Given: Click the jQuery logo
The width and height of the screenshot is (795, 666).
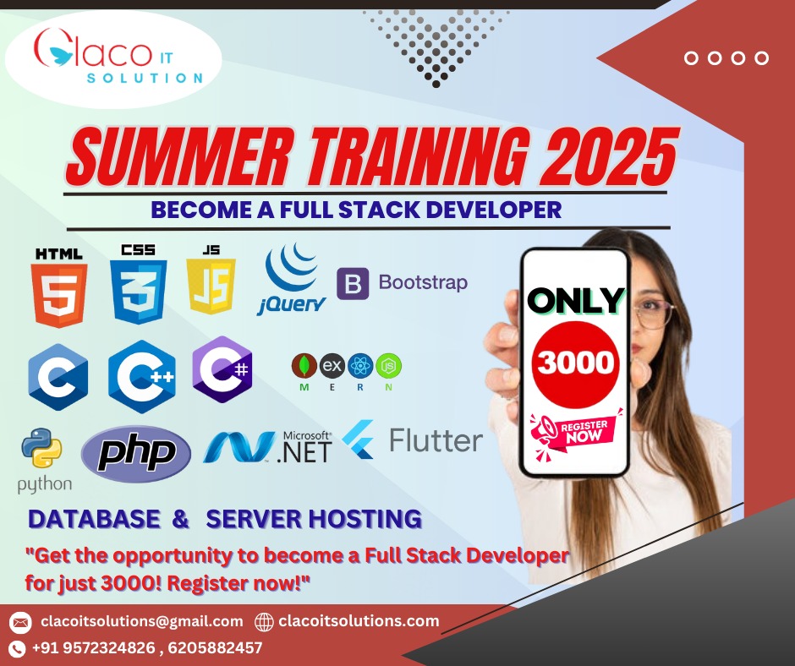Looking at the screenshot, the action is pyautogui.click(x=293, y=280).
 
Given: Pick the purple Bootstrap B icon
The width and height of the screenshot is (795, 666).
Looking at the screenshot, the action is pyautogui.click(x=353, y=283).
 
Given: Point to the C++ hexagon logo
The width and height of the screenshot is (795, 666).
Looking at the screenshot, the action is pyautogui.click(x=142, y=377).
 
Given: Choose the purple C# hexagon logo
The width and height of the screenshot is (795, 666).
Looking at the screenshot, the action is pyautogui.click(x=222, y=369).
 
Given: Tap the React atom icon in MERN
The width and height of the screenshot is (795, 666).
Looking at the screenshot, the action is pyautogui.click(x=360, y=365).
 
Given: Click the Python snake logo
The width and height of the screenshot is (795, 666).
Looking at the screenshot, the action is pyautogui.click(x=41, y=448).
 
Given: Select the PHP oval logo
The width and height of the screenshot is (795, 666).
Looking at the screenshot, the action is pyautogui.click(x=136, y=453).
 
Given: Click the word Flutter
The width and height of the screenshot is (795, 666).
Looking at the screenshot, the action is pyautogui.click(x=436, y=440).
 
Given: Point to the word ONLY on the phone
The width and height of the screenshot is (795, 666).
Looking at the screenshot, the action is pyautogui.click(x=575, y=300).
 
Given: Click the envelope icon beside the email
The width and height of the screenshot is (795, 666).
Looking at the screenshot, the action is pyautogui.click(x=21, y=622).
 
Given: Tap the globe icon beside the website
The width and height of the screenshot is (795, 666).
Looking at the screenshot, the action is pyautogui.click(x=264, y=622).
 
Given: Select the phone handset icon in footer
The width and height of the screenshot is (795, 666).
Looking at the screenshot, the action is pyautogui.click(x=17, y=648).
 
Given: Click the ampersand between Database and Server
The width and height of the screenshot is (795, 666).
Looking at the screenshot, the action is pyautogui.click(x=180, y=518).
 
